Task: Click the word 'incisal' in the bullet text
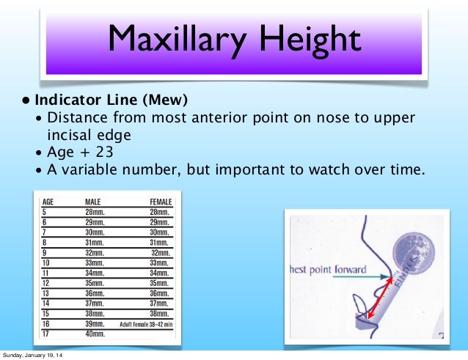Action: coord(74,136)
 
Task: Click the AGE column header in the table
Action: coord(49,201)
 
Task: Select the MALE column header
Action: coord(93,201)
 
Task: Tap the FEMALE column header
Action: coord(160,201)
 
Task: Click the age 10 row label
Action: coord(46,262)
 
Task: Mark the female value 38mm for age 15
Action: coord(159,312)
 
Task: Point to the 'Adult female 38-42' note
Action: coord(147,323)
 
